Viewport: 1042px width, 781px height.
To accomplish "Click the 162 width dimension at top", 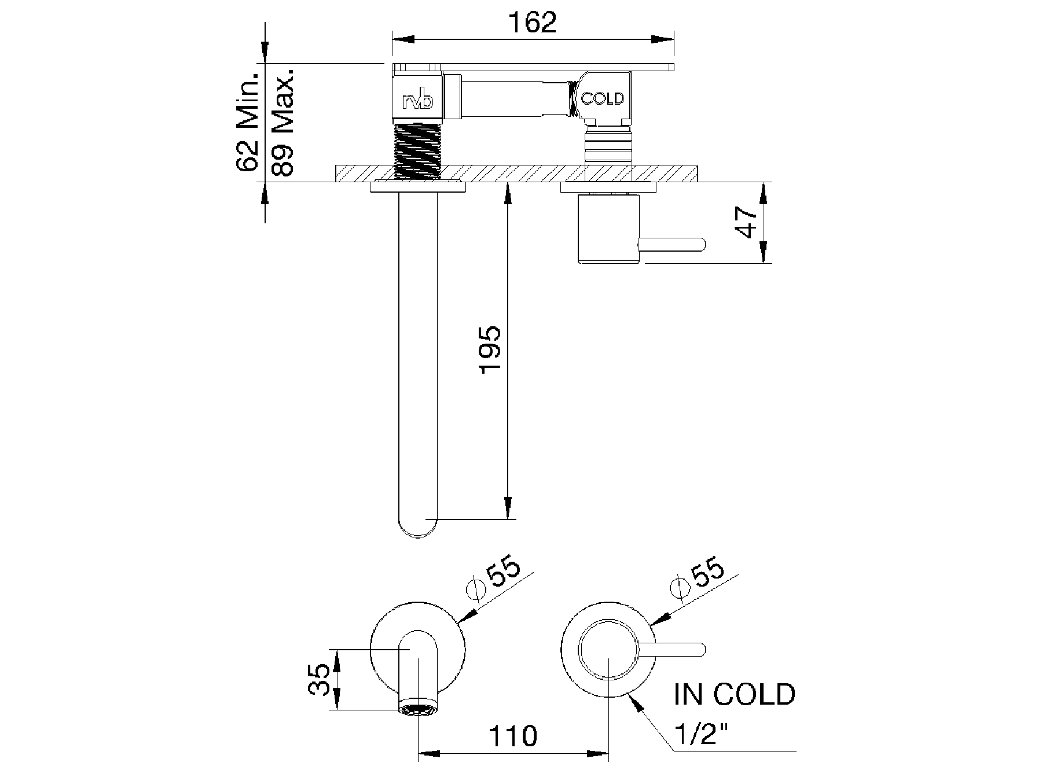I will [x=532, y=23].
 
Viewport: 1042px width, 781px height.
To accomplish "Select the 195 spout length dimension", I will [x=490, y=349].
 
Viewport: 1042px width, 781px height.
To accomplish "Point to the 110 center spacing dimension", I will [x=513, y=736].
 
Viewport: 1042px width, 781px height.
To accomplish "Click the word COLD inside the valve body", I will [x=603, y=99].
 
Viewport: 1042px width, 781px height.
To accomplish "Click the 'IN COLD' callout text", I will [x=734, y=694].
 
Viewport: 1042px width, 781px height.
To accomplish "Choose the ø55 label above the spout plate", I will [x=496, y=580].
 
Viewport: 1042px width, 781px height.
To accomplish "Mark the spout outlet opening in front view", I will [x=417, y=709].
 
